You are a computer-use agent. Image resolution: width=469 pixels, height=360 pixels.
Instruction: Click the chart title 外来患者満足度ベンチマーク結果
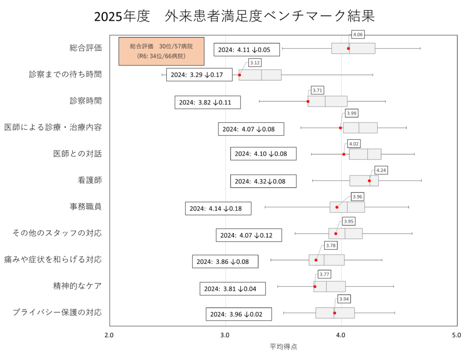tap(234, 16)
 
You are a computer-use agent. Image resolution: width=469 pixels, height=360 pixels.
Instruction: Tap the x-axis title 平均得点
tap(283, 347)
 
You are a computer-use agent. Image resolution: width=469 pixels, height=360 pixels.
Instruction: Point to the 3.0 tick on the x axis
tap(225, 335)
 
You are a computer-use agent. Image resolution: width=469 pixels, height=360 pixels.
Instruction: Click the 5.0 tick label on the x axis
tap(456, 335)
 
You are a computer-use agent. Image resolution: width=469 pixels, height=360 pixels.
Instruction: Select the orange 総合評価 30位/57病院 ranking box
tap(161, 51)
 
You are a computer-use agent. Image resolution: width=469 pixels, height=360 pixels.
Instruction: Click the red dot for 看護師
tap(369, 180)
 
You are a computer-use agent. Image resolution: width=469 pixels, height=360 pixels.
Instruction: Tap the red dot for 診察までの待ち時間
tap(239, 75)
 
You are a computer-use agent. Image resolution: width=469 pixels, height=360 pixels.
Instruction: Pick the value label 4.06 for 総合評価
tap(358, 35)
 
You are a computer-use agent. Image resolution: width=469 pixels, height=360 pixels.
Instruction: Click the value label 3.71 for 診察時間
tap(317, 91)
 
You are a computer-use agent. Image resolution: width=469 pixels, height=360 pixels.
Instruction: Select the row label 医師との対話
tap(77, 154)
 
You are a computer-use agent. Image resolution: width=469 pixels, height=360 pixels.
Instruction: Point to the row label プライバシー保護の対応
tap(57, 312)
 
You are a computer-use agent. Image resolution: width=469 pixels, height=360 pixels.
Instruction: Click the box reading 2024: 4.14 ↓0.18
tap(218, 208)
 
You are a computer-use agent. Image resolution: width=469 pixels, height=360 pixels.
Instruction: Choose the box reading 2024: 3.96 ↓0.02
tap(239, 314)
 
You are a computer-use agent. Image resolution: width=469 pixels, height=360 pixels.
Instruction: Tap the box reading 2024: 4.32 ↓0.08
tap(263, 181)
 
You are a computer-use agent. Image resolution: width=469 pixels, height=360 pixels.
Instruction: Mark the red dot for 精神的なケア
tap(315, 286)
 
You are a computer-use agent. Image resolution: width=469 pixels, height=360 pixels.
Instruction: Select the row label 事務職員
tap(85, 207)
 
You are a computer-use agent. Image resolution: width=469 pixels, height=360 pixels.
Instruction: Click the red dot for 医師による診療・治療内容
tap(340, 128)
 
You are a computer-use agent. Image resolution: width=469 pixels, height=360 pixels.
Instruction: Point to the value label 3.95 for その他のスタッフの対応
tap(349, 222)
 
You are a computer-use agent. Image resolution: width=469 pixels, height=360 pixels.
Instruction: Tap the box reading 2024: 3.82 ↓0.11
tap(207, 102)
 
